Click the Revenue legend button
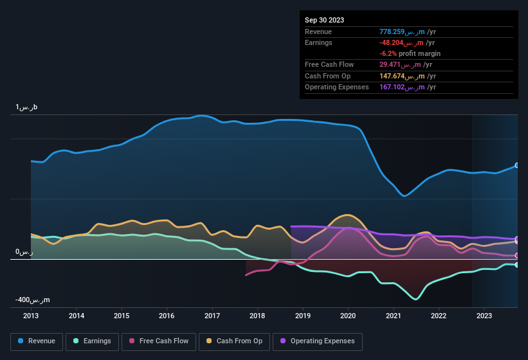37,341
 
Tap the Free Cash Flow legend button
159,341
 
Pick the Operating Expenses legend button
317,341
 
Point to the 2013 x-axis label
31,316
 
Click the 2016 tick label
167,316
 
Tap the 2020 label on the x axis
348,316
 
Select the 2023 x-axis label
484,316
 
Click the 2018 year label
257,316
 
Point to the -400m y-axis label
33,300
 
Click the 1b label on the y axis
27,107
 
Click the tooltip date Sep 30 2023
324,20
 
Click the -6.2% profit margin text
410,53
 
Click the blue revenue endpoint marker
517,165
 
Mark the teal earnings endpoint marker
517,265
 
